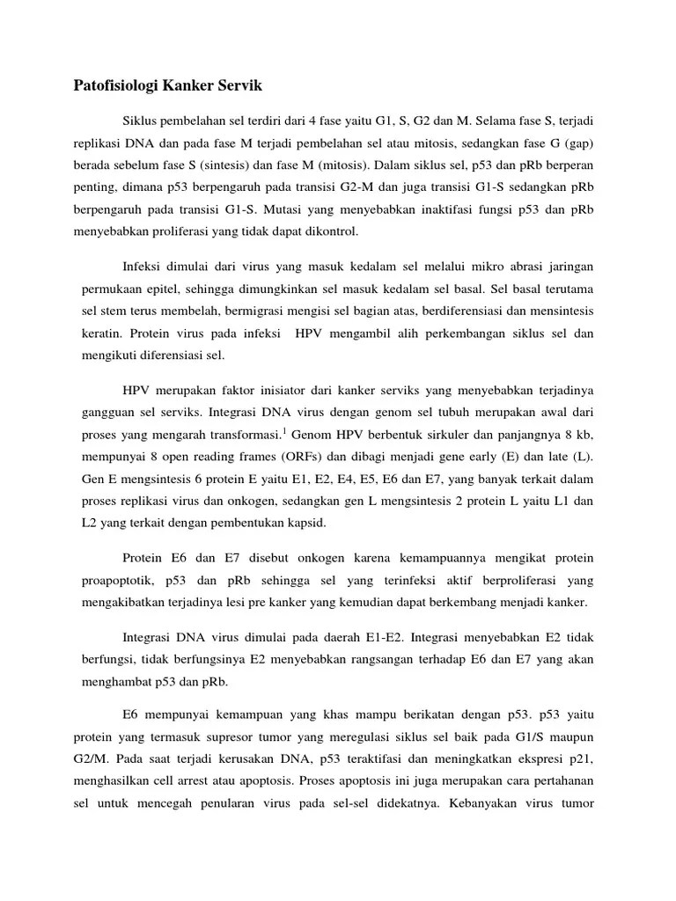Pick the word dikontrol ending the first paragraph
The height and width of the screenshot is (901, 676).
click(x=327, y=232)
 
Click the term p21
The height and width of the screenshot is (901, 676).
click(x=578, y=759)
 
